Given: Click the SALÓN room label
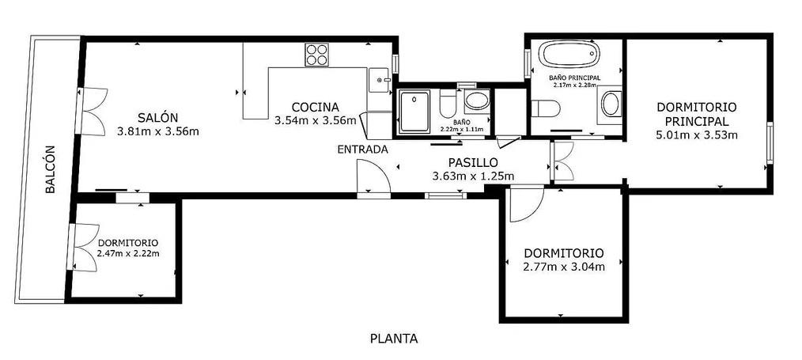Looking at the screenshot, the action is pyautogui.click(x=157, y=117).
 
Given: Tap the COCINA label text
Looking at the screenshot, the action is pyautogui.click(x=315, y=108).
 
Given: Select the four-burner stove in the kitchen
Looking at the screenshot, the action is pyautogui.click(x=316, y=55).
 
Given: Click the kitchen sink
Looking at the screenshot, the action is pyautogui.click(x=380, y=80).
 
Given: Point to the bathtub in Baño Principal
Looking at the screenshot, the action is pyautogui.click(x=569, y=55).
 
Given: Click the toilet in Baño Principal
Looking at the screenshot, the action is pyautogui.click(x=545, y=108).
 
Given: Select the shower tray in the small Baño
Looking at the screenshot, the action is pyautogui.click(x=414, y=112).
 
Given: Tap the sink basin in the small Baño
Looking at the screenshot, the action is pyautogui.click(x=477, y=100).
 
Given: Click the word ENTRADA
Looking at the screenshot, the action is pyautogui.click(x=362, y=150).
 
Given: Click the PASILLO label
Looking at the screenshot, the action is pyautogui.click(x=473, y=163).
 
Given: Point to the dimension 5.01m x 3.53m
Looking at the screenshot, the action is pyautogui.click(x=696, y=135).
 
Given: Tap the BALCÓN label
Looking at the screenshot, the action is pyautogui.click(x=50, y=169).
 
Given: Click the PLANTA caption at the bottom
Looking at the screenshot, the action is pyautogui.click(x=394, y=339).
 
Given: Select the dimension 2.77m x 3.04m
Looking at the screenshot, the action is pyautogui.click(x=564, y=267).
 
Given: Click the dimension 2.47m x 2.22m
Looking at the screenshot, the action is pyautogui.click(x=128, y=252).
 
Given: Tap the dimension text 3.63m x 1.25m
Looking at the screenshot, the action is pyautogui.click(x=473, y=176).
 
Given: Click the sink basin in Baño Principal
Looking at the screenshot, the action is pyautogui.click(x=610, y=104).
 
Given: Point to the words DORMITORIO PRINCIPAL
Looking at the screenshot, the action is pyautogui.click(x=696, y=115).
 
